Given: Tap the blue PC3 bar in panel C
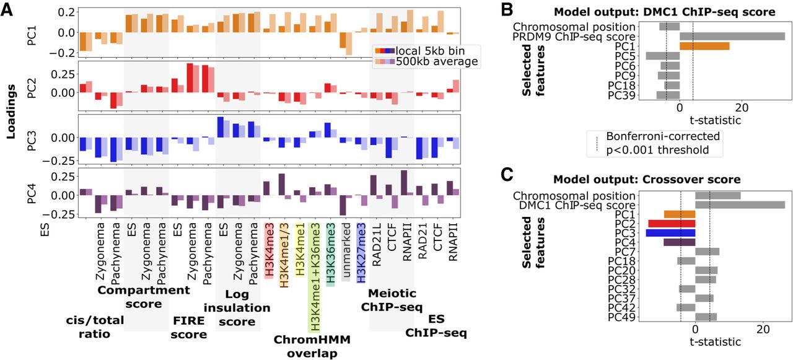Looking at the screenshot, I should (670, 233).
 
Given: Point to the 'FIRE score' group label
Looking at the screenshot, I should (189, 328).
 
